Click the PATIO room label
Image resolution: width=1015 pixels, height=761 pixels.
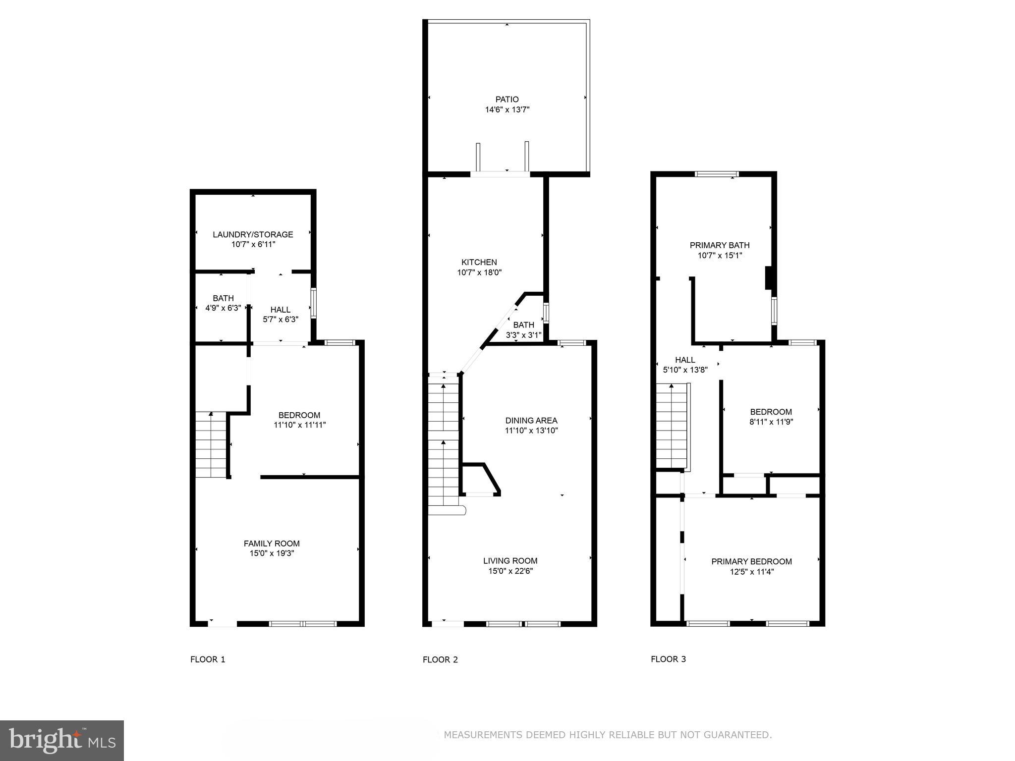click(x=507, y=100)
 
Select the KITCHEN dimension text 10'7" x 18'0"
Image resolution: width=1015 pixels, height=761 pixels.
click(x=479, y=272)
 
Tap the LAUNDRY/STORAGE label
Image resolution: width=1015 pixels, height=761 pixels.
click(x=253, y=234)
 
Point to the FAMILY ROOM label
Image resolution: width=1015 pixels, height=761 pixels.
click(x=272, y=544)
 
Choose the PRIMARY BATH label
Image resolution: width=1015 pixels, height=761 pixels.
click(x=720, y=245)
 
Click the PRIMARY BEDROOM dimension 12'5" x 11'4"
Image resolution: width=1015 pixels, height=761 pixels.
click(x=751, y=572)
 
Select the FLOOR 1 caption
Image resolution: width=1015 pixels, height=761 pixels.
click(x=208, y=659)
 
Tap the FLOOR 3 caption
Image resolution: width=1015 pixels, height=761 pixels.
click(x=668, y=659)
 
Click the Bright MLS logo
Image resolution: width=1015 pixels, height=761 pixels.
click(x=61, y=740)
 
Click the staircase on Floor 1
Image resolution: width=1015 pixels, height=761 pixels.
click(x=211, y=444)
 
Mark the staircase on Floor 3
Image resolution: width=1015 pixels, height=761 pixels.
click(x=672, y=426)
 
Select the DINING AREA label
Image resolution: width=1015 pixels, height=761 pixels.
click(x=531, y=421)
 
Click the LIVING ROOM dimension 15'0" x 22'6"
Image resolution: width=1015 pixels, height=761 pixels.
click(x=510, y=571)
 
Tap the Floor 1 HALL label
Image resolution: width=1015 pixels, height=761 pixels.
click(x=281, y=310)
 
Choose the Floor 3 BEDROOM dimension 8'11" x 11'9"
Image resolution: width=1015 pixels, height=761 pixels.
click(x=771, y=422)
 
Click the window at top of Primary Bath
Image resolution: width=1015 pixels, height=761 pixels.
click(x=717, y=174)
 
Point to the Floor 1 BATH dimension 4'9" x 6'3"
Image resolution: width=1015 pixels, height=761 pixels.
click(x=223, y=308)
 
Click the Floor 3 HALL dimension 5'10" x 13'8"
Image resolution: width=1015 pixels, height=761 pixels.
click(x=685, y=370)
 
